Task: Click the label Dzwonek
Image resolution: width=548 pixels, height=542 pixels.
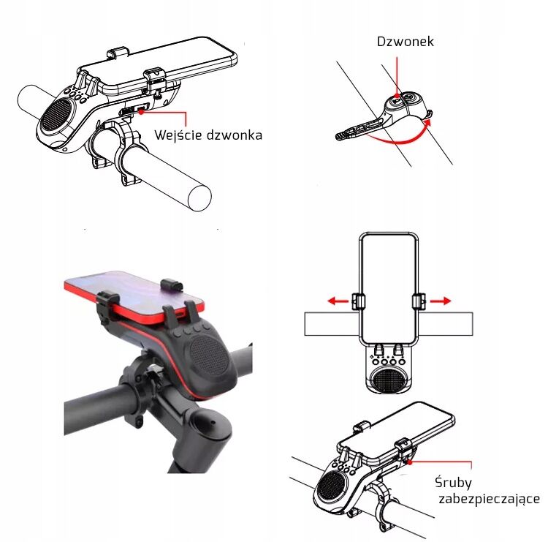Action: click(x=405, y=42)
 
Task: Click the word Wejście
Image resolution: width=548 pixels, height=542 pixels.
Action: click(x=178, y=135)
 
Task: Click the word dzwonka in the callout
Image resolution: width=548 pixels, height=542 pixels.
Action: click(x=234, y=135)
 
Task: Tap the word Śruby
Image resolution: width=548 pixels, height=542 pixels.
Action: click(x=453, y=482)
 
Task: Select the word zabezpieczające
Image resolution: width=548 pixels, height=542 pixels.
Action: click(x=490, y=499)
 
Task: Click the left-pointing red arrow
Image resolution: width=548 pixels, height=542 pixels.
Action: click(x=338, y=301)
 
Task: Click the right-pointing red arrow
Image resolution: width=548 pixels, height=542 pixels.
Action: click(x=441, y=301)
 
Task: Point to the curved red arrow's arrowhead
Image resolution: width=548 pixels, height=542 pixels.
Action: click(x=427, y=122)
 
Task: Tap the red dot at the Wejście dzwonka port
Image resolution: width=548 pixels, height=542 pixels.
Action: click(x=141, y=111)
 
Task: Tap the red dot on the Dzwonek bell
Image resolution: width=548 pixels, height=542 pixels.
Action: click(x=397, y=96)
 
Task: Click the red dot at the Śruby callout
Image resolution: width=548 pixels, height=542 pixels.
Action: click(x=410, y=462)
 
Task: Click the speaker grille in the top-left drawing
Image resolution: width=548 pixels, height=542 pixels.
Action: click(x=57, y=114)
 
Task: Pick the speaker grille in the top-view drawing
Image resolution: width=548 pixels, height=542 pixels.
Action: click(x=389, y=380)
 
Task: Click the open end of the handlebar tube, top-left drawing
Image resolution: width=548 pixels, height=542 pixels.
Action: click(x=199, y=197)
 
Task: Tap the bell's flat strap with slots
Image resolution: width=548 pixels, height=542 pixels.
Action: click(x=360, y=129)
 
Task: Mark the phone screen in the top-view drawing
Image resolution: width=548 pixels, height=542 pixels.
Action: click(x=389, y=288)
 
